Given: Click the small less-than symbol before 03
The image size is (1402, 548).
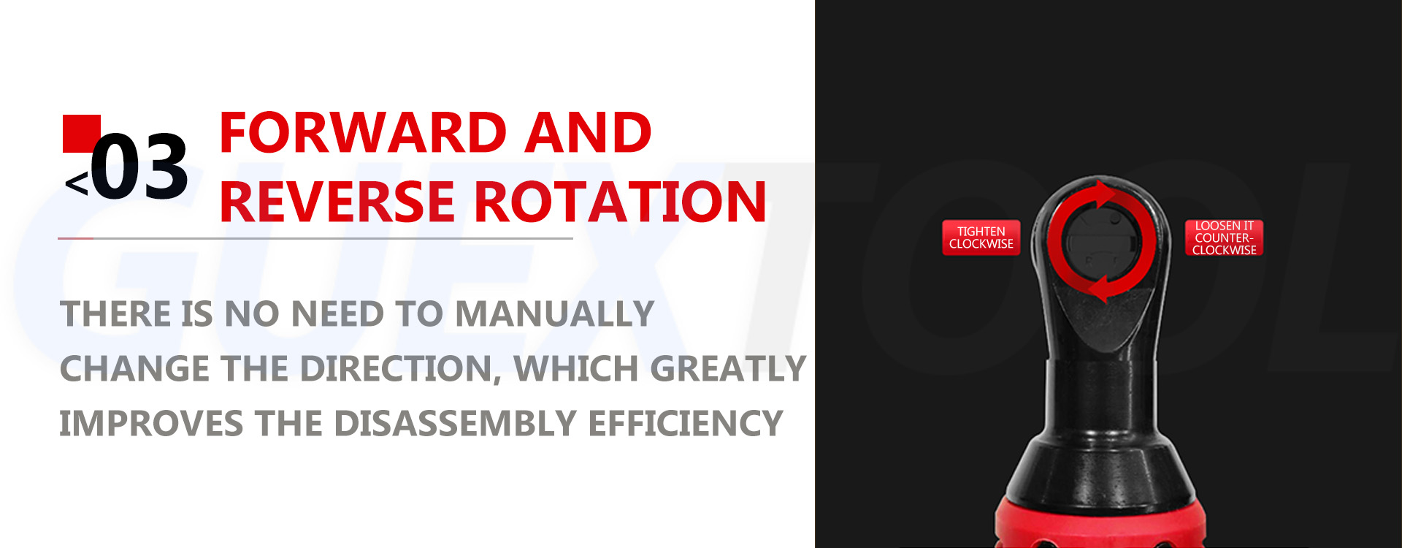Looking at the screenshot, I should tap(77, 183).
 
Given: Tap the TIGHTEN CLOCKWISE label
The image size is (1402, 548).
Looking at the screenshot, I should tap(981, 237).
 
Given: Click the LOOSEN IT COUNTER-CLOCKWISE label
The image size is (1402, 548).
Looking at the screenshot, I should tap(1224, 237).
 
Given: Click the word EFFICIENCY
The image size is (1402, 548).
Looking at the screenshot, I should tap(685, 424).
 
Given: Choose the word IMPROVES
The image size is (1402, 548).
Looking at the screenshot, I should tap(151, 424).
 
